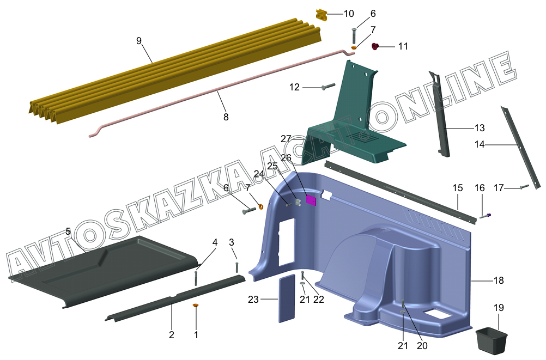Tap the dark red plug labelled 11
(x=375, y=47)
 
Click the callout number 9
(x=139, y=40)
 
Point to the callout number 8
(x=226, y=117)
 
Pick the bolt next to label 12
(x=327, y=87)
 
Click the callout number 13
(x=480, y=128)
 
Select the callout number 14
(x=480, y=145)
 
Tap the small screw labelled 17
(x=524, y=187)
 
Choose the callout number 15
(x=457, y=188)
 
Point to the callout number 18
(x=499, y=280)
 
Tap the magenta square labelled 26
(x=311, y=200)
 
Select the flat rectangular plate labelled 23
(x=287, y=299)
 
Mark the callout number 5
(x=68, y=231)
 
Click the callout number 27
(x=287, y=139)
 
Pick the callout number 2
(x=172, y=334)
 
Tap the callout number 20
(x=422, y=345)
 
